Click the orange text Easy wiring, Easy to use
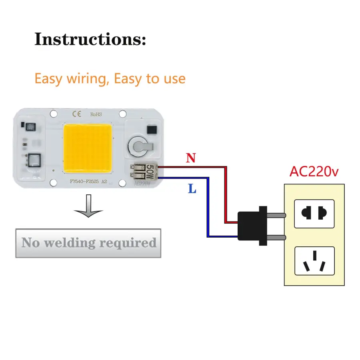coord(110,78)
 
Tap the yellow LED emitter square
coord(87,146)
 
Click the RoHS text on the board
coord(96,114)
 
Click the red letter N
coord(191,158)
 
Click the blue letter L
coord(192,189)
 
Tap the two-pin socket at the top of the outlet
coord(314,214)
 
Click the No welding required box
coord(88,243)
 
